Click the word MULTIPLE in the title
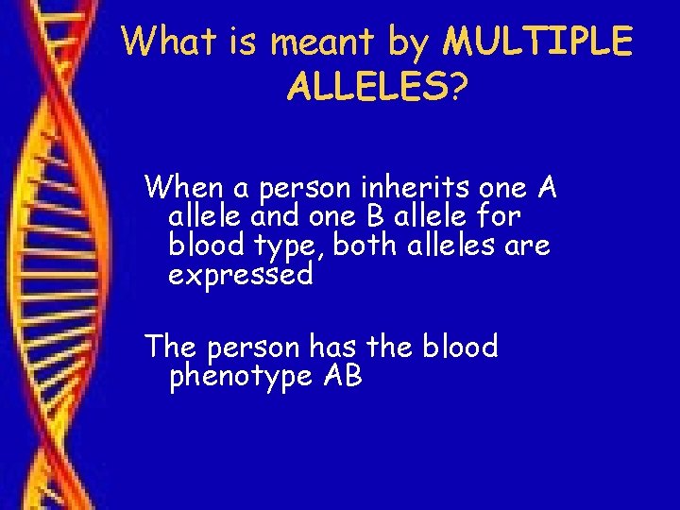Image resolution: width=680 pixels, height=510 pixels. tap(538, 42)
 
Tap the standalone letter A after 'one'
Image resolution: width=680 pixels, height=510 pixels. tap(546, 188)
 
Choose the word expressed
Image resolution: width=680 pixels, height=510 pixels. tap(240, 276)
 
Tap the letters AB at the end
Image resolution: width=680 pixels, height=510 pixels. tap(342, 377)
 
